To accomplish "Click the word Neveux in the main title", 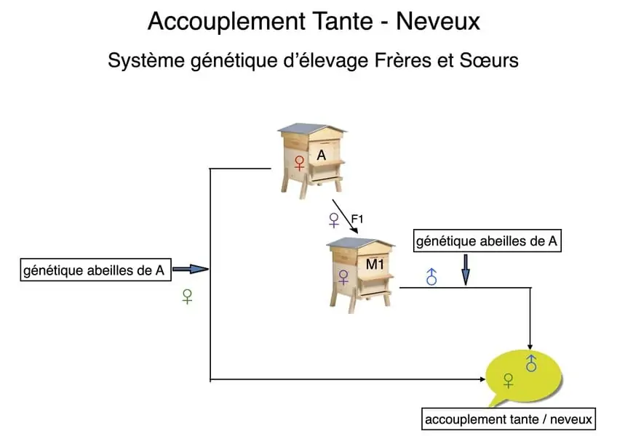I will (x=438, y=21).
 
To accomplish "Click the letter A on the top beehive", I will (x=321, y=155).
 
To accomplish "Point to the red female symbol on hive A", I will (x=299, y=163).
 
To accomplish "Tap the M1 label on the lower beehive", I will (x=374, y=265).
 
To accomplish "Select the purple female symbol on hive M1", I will (x=344, y=277).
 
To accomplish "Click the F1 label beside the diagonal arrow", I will (x=357, y=218).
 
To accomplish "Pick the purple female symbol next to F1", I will (x=334, y=219).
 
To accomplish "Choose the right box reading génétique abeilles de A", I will (x=487, y=241).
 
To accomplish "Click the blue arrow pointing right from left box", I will (x=191, y=270).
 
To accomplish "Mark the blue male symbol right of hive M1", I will (x=431, y=276).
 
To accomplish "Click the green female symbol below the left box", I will (x=187, y=296).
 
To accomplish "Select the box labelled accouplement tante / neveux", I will (x=509, y=419).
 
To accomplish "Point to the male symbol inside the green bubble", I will (x=531, y=363).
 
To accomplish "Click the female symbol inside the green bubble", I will (x=509, y=380).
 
